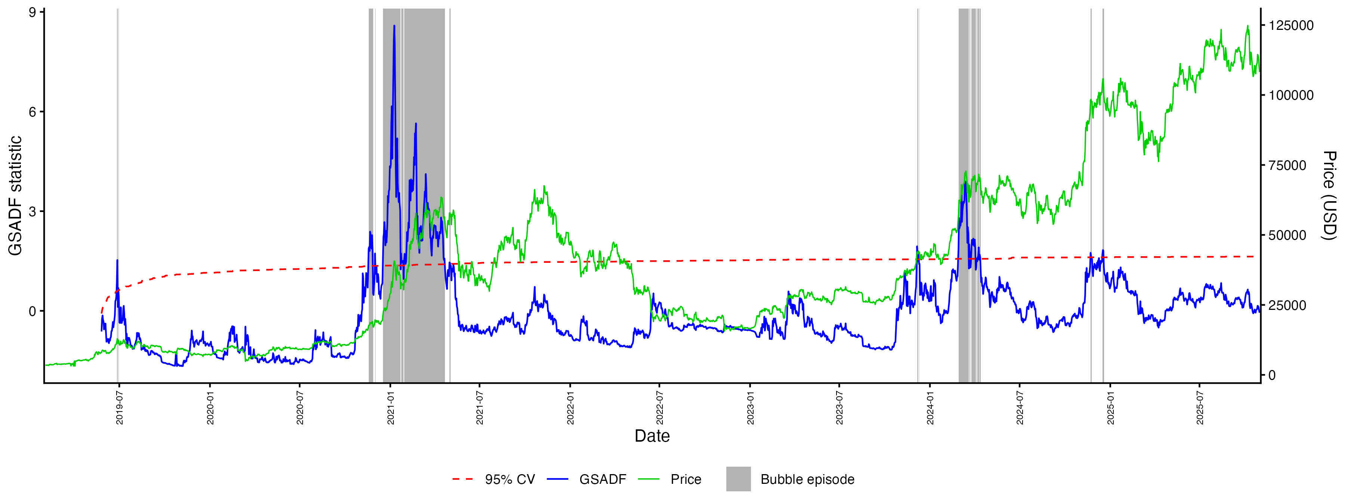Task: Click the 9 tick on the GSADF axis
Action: point(33,13)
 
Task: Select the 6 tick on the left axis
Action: point(33,112)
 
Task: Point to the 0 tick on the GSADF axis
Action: point(33,311)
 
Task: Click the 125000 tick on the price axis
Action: point(1291,25)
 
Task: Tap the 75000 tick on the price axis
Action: point(1287,165)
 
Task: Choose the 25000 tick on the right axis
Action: point(1287,305)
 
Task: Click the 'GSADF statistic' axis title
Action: point(16,196)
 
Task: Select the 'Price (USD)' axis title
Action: point(1329,196)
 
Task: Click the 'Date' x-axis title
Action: point(652,436)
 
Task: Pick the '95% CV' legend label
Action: point(510,479)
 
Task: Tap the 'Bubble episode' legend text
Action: point(807,479)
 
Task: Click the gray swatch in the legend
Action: point(738,479)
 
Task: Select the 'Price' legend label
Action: point(686,479)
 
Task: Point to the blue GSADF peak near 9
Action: point(394,26)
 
